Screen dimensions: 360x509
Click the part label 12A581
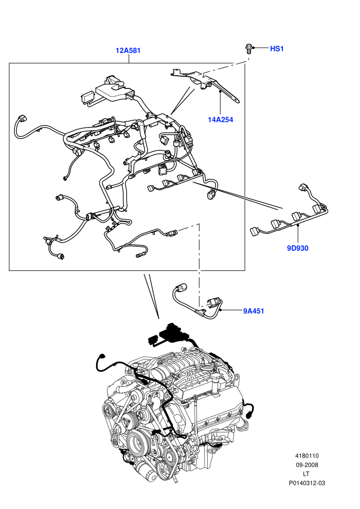tap(128, 50)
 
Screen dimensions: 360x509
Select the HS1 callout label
tap(277, 49)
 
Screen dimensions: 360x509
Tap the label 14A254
tap(221, 120)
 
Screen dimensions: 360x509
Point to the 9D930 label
tap(298, 248)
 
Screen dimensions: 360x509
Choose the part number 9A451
tap(254, 311)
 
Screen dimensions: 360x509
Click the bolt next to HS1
tap(248, 49)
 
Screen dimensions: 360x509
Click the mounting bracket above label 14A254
tap(205, 84)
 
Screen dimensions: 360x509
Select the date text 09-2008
tap(307, 465)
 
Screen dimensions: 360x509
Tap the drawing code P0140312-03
tap(307, 483)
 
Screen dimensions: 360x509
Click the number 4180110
tap(307, 456)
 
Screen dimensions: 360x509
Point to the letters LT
tap(306, 474)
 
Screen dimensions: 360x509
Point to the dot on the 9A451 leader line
tap(221, 311)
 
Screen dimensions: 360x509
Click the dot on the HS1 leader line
tap(254, 48)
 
